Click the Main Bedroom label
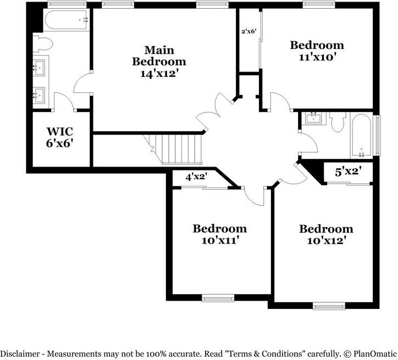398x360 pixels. click(x=159, y=56)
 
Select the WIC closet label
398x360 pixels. click(x=60, y=131)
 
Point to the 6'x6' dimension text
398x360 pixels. click(x=60, y=143)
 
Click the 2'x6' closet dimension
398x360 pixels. click(x=248, y=31)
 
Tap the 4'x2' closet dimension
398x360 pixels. click(x=196, y=176)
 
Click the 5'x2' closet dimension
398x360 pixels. click(x=348, y=171)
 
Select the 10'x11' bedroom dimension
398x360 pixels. click(x=220, y=241)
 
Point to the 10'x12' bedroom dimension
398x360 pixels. click(x=326, y=241)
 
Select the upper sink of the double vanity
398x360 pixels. click(x=40, y=67)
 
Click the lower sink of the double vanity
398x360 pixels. click(x=40, y=96)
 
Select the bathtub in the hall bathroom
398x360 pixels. click(x=362, y=136)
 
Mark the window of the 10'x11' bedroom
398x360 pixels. click(x=218, y=298)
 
